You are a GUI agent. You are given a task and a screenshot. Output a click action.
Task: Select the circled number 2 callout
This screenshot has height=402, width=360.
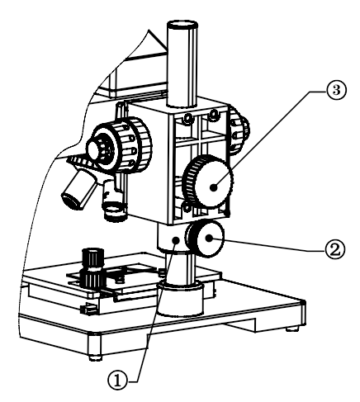point(334,249)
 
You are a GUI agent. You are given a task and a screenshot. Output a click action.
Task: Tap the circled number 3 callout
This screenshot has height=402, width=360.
point(336,91)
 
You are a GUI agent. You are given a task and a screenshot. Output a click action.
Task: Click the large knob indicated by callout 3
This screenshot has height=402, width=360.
point(211,182)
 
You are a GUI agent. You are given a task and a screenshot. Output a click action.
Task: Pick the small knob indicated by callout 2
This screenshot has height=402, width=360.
point(206,239)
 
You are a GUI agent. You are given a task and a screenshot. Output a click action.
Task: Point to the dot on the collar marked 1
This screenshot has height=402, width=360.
point(176,240)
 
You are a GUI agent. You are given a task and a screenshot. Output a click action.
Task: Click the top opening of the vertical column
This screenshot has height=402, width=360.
point(182,25)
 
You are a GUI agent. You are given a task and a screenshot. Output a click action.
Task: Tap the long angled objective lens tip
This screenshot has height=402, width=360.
point(70,201)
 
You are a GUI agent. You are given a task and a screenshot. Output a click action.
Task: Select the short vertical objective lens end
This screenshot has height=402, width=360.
point(115,212)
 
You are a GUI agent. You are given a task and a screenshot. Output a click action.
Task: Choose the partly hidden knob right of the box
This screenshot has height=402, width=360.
point(239,130)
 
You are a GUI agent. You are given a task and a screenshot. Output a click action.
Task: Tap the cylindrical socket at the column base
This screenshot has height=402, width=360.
point(180,300)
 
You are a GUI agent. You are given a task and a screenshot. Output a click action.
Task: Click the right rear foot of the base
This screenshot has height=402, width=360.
point(292,328)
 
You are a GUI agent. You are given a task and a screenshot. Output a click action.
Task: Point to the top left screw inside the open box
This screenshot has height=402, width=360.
point(188,118)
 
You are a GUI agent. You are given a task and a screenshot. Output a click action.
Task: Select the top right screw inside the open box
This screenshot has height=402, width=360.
point(213,113)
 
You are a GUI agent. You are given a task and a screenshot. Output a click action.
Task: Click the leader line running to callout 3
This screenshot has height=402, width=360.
point(269,140)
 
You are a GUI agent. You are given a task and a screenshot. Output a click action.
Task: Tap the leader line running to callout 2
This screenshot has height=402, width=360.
point(267,244)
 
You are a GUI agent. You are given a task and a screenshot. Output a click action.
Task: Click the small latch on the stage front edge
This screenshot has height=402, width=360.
point(88,309)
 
